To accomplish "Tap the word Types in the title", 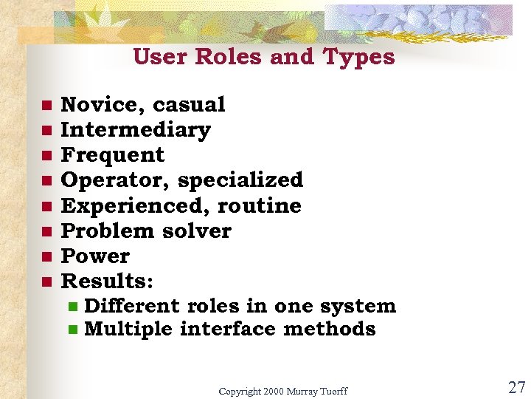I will [358, 58].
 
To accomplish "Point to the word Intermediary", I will [136, 130].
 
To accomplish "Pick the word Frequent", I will [113, 155].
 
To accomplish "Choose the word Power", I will [95, 256].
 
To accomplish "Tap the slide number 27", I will [516, 387].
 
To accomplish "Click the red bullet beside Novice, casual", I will [46, 105].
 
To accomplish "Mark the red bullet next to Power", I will [46, 256].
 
